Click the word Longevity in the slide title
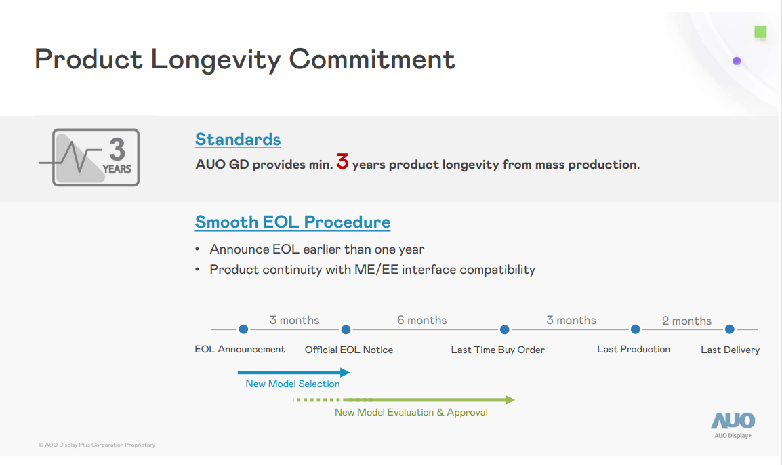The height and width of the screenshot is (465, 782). coord(215,60)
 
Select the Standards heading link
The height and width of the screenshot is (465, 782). coord(238,140)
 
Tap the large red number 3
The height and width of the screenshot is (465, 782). coord(342,163)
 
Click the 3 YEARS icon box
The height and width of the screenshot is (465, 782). coord(96,157)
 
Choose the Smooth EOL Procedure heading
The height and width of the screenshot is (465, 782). coord(293,222)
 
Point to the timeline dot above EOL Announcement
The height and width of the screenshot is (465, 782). coord(243,329)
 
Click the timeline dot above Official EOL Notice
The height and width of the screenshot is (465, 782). coord(346,329)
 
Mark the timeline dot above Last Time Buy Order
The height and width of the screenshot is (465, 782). coord(504,329)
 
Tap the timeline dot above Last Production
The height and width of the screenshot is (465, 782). coord(635,329)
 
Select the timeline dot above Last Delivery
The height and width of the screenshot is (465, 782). coord(729,329)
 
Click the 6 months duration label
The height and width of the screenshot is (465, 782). coord(421,320)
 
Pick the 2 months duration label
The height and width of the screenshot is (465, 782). coord(686,321)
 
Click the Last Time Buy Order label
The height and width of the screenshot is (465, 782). coord(498,350)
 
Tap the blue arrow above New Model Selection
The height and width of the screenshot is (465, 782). coord(293,372)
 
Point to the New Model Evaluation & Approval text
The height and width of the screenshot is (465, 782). coord(411,412)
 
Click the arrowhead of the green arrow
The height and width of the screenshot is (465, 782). coord(510,400)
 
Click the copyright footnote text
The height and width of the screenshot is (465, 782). coord(97,445)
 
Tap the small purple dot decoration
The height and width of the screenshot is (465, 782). coord(737,61)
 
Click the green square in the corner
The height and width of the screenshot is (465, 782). coord(760,32)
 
